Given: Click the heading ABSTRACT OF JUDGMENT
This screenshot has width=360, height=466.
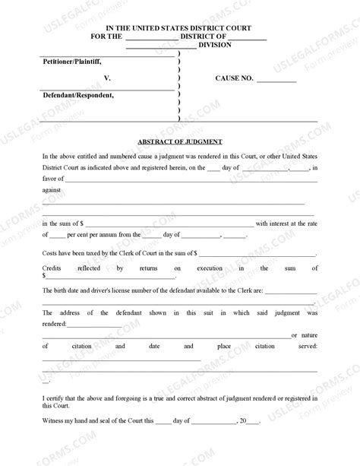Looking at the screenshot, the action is (x=179, y=141).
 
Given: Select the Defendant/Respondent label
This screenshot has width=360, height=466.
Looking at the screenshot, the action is (x=78, y=96).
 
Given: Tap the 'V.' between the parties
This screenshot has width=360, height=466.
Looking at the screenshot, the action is (x=107, y=78).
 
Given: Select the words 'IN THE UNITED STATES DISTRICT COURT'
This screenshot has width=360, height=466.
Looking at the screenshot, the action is (x=179, y=27).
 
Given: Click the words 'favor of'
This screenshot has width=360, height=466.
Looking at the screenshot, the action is (x=52, y=179).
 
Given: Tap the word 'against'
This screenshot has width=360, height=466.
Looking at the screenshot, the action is (x=52, y=191).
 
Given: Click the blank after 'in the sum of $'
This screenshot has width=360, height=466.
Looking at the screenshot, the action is (x=169, y=223).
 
